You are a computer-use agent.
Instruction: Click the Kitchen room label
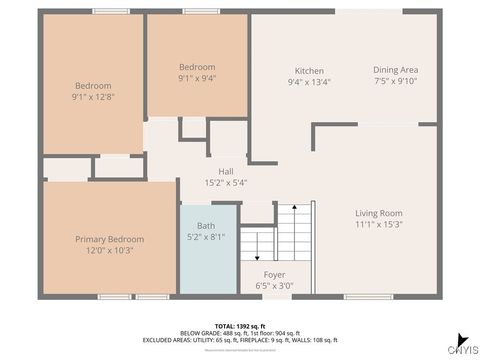[309, 71]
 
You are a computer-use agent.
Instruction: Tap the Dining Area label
[396, 70]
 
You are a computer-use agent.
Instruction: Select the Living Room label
[379, 213]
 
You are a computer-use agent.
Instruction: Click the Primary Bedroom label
[110, 239]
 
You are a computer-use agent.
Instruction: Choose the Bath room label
[206, 225]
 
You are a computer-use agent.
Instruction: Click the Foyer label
[274, 274]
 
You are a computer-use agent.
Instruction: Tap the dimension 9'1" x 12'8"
[92, 98]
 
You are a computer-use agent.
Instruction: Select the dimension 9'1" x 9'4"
[197, 78]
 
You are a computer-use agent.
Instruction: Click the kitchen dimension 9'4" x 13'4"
[309, 83]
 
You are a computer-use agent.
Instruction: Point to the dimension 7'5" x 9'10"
[396, 82]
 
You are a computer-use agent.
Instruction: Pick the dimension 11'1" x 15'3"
[379, 225]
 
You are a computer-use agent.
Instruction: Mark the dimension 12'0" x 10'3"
[110, 251]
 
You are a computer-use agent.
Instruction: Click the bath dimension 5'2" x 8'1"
[206, 237]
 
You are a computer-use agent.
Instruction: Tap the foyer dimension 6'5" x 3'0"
[274, 286]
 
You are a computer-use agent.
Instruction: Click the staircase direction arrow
[256, 243]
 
